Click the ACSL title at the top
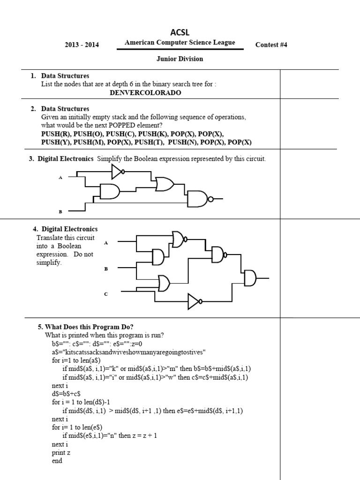tap(180, 32)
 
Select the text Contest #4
tap(271, 45)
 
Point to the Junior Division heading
tap(180, 59)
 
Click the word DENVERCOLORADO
tap(145, 93)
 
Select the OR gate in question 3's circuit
tap(165, 184)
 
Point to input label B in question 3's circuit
tap(60, 212)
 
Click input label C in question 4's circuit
tap(106, 294)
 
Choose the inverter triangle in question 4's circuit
tap(194, 302)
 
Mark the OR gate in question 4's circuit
tap(165, 283)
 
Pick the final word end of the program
tap(57, 461)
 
